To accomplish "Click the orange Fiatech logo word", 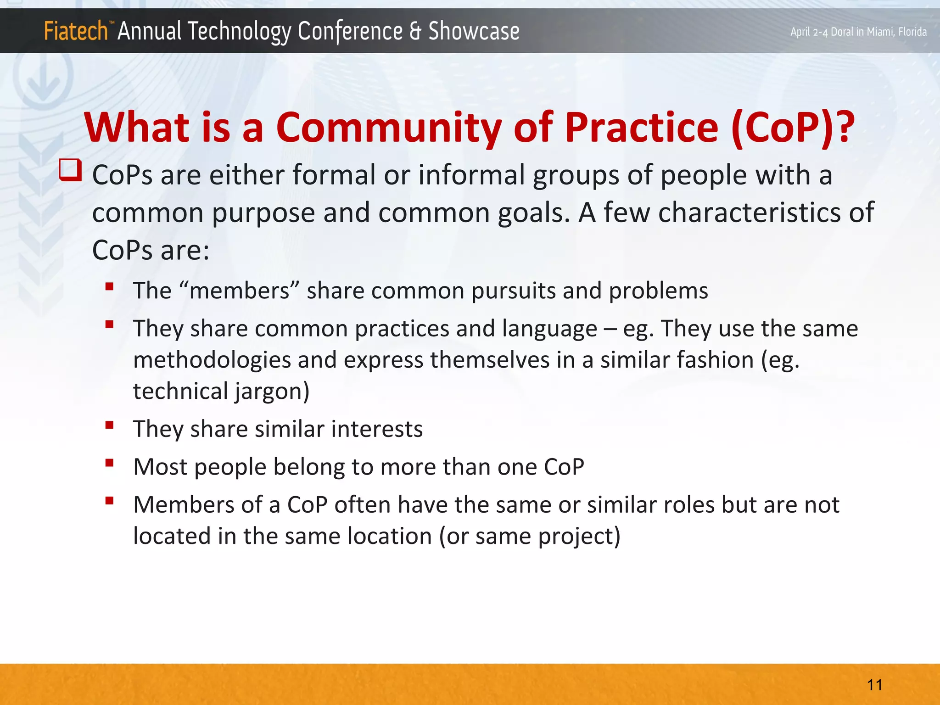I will [76, 32].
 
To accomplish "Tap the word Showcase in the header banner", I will [474, 32].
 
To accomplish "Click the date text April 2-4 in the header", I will [810, 32].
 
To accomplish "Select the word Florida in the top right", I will [912, 32].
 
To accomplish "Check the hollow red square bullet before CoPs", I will [71, 170].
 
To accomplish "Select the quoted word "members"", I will [240, 291].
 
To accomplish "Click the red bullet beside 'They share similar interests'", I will [109, 425].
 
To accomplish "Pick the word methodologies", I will [212, 360].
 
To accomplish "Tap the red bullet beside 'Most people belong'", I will [109, 463].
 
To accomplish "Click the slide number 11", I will [874, 685].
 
